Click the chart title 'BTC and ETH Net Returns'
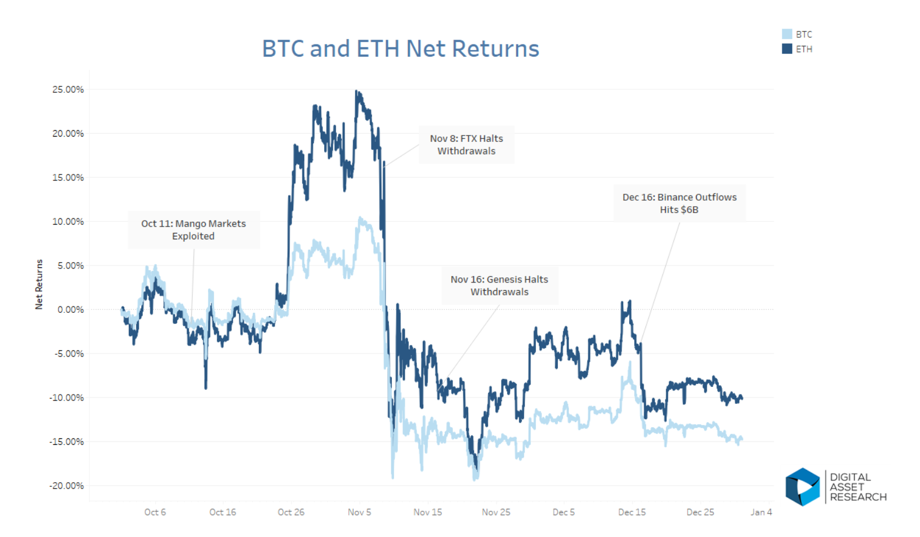click(x=400, y=48)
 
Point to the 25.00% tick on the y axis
click(x=68, y=89)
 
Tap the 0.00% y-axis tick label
click(x=71, y=309)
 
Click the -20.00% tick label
click(x=67, y=486)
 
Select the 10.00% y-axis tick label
click(x=68, y=221)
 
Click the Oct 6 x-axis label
click(x=155, y=512)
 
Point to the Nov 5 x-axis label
click(x=359, y=512)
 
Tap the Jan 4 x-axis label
click(x=761, y=512)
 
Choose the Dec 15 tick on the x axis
click(x=632, y=512)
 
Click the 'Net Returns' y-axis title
click(x=39, y=284)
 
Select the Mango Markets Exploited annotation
click(x=194, y=230)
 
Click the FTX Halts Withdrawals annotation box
click(x=466, y=145)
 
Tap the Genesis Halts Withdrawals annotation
click(x=500, y=285)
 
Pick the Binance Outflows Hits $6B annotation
click(x=679, y=203)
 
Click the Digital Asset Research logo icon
click(x=802, y=487)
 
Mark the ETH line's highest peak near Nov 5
click(x=357, y=92)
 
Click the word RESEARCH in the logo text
click(x=858, y=497)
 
